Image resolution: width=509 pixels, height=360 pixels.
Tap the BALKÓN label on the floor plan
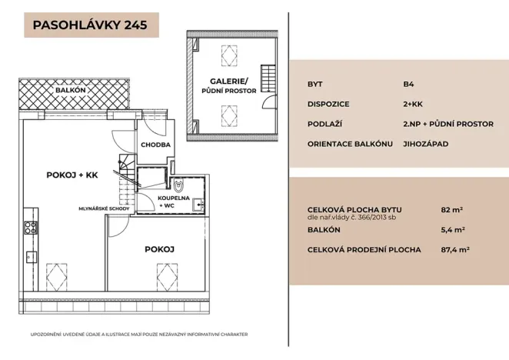(70, 90)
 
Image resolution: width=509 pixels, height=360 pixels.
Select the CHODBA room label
(155, 145)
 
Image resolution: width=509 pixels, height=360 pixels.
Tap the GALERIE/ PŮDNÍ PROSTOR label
(230, 85)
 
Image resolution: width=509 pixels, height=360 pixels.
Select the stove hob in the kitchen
(32, 227)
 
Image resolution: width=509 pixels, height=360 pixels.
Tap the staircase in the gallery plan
(268, 78)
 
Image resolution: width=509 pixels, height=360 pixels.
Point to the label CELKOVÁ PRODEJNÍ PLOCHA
(364, 249)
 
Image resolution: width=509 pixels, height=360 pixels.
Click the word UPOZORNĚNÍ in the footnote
(50, 335)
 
